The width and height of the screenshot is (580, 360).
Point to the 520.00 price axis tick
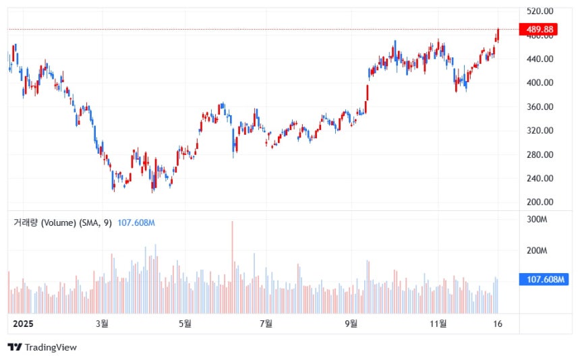(540, 11)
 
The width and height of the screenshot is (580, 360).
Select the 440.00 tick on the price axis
(540, 59)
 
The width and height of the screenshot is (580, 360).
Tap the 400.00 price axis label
(540, 83)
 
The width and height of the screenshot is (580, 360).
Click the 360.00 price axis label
(540, 107)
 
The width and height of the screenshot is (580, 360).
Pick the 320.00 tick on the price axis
(540, 131)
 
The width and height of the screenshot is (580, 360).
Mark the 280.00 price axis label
(540, 155)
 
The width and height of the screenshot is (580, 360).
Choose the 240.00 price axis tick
(540, 179)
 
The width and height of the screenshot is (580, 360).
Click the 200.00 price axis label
(540, 202)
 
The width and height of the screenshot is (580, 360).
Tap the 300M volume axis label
(536, 220)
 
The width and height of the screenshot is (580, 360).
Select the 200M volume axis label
(536, 251)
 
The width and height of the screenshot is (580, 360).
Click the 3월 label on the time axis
(102, 324)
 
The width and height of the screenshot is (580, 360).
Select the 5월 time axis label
(185, 324)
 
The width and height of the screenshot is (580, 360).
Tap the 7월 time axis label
(266, 324)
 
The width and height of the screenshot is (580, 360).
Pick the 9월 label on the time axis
(351, 324)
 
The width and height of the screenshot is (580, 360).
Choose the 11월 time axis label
(438, 324)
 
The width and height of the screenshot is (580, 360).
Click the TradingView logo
(42, 347)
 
